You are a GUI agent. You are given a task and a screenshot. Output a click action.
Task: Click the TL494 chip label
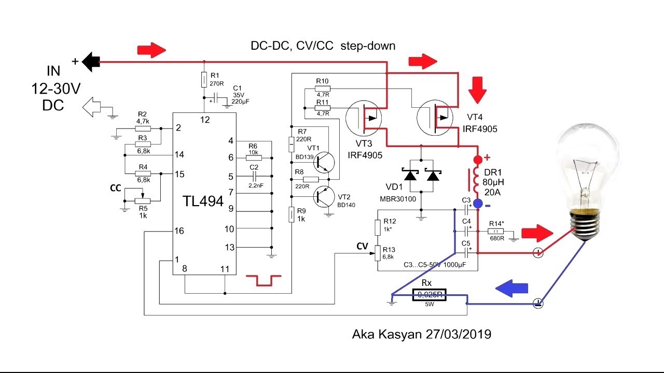coord(203,201)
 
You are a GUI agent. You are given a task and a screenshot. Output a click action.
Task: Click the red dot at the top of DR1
coord(478,159)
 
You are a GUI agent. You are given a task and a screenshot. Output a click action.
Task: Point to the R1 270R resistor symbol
coord(205,80)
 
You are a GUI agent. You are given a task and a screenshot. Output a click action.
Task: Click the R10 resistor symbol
coord(323,89)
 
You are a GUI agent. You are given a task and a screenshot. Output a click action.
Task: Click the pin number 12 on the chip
coord(205,120)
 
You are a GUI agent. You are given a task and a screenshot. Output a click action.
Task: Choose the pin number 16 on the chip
coord(179,231)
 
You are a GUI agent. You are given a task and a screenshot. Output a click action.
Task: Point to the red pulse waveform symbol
coord(264,280)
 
